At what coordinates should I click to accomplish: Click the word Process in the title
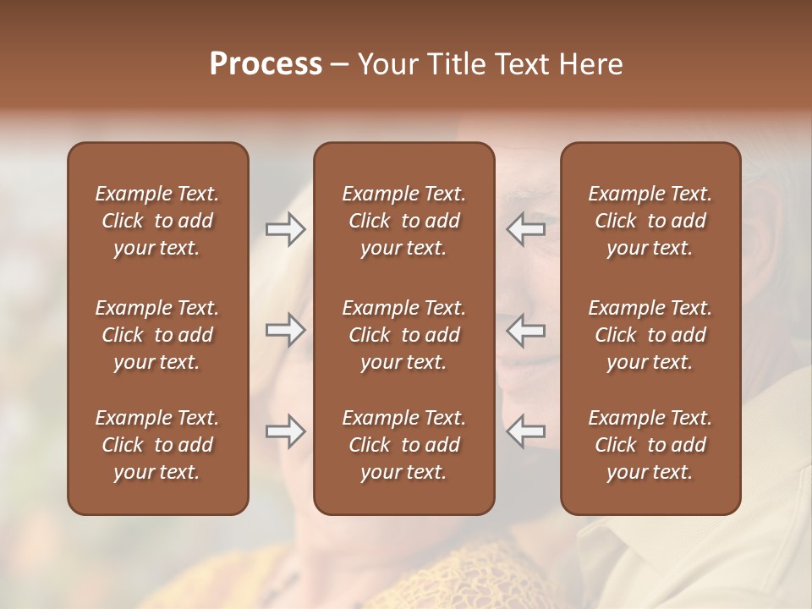[x=266, y=64]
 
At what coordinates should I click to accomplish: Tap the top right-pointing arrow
[x=285, y=229]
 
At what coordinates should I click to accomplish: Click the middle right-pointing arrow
[x=285, y=330]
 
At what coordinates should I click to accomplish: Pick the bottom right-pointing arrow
[x=285, y=431]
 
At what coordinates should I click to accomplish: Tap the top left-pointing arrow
[x=526, y=229]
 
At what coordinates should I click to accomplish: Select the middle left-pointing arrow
[x=526, y=330]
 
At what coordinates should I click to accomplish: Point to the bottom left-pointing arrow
[x=526, y=431]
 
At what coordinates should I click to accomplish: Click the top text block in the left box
[x=157, y=221]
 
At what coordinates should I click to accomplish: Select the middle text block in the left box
[x=157, y=335]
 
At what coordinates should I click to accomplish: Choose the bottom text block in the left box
[x=157, y=445]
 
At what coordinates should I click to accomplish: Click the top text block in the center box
[x=403, y=221]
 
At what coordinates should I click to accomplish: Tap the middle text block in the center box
[x=403, y=335]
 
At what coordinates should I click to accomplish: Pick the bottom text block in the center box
[x=403, y=445]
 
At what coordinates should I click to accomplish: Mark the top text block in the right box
[x=650, y=221]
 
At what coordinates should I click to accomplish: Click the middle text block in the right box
[x=650, y=335]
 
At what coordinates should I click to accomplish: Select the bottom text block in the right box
[x=650, y=445]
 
